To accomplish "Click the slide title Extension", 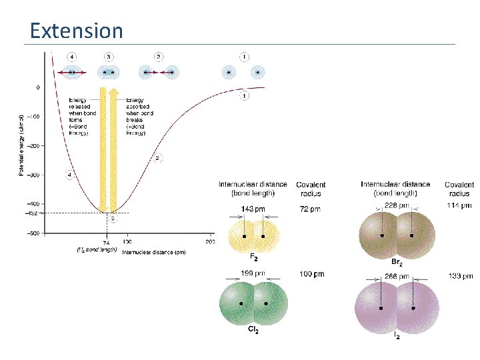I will click(77, 31).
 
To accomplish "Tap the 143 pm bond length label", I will click(252, 209).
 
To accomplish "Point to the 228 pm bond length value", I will click(396, 205).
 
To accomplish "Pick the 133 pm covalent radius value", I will click(459, 275).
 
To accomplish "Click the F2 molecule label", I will click(253, 257).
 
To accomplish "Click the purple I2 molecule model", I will click(396, 308).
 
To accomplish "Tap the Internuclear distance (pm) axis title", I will click(153, 251).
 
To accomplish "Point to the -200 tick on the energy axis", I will click(32, 145).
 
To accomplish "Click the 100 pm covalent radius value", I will click(311, 273).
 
